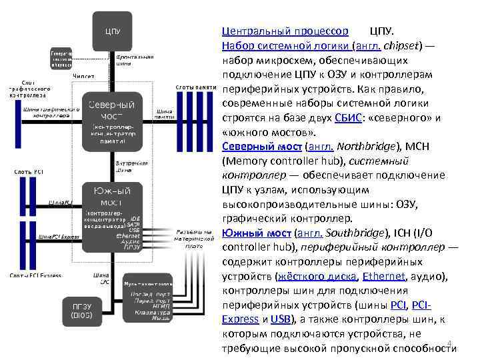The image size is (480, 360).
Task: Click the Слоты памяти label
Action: [x=195, y=87]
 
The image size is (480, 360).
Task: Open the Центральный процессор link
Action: [x=285, y=31]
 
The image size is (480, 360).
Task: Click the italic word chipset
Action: [x=401, y=45]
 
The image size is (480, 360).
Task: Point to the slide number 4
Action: [x=449, y=343]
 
